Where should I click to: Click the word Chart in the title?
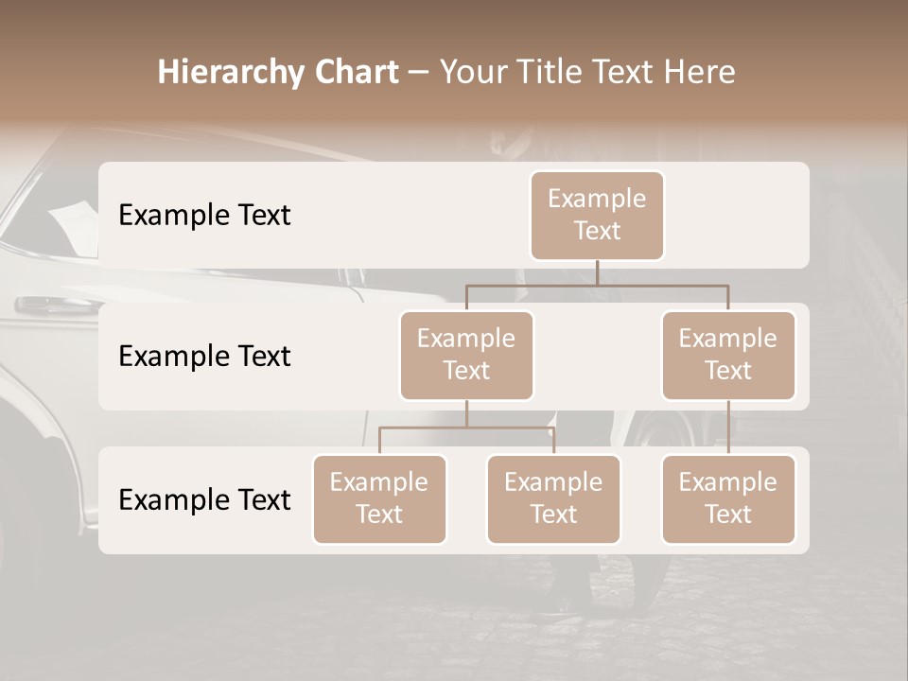tap(352, 72)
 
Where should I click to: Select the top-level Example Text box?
tap(597, 215)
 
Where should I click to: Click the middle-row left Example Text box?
tap(466, 355)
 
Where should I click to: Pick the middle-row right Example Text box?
tap(728, 355)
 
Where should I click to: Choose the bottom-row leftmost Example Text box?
tap(379, 498)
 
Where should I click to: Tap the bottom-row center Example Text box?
tap(553, 498)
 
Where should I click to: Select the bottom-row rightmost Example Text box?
tap(728, 498)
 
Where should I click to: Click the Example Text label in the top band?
tap(204, 215)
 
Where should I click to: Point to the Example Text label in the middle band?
tap(204, 356)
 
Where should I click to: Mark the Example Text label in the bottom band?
tap(204, 499)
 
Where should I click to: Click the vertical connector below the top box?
tap(597, 272)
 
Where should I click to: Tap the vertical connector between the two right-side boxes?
tap(728, 428)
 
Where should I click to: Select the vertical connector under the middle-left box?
tap(466, 413)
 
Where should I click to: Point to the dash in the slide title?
tap(418, 74)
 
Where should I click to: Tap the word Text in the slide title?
tap(620, 72)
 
